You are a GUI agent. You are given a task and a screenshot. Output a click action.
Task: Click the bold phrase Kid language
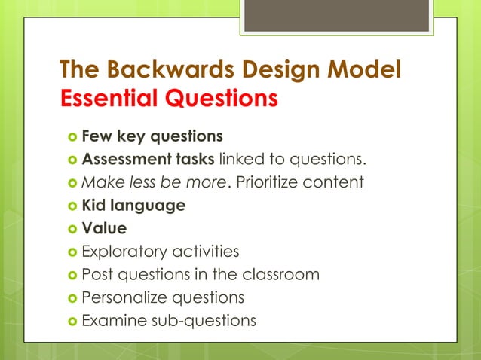click(133, 206)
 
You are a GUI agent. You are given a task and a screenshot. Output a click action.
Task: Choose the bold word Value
click(104, 228)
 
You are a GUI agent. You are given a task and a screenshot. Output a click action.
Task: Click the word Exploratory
click(124, 251)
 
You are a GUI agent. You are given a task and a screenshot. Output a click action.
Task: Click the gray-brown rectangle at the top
click(336, 16)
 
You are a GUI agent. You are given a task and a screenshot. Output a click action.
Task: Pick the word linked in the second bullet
click(242, 160)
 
